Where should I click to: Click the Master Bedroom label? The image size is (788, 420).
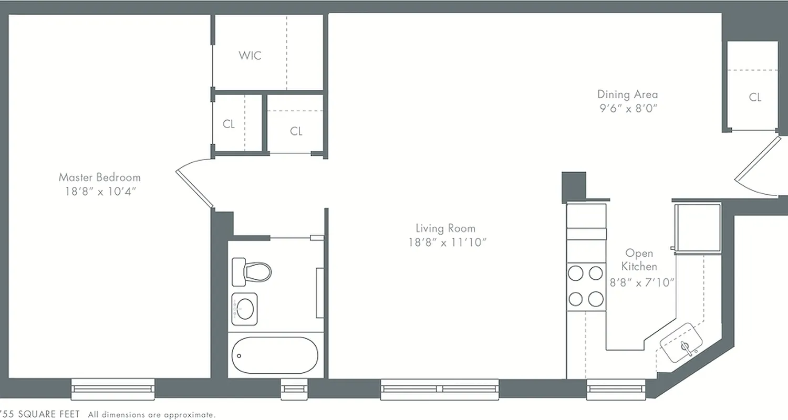click(99, 177)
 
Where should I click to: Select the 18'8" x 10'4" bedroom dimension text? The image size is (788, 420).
click(99, 192)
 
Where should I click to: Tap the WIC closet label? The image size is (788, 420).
click(250, 55)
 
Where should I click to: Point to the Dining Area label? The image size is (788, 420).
click(627, 94)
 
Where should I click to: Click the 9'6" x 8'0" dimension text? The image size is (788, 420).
click(627, 109)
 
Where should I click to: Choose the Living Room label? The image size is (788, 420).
click(445, 228)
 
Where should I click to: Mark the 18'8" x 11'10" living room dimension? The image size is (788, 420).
click(445, 243)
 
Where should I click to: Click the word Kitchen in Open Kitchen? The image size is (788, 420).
click(639, 267)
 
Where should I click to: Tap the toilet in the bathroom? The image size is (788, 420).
click(252, 271)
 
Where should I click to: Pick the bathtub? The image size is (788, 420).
click(275, 355)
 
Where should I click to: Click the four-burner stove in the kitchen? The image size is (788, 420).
click(586, 287)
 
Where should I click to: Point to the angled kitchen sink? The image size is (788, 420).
click(681, 343)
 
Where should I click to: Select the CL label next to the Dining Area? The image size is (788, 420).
click(755, 97)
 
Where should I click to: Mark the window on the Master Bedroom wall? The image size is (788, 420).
click(113, 388)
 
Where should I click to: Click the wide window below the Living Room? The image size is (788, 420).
click(440, 388)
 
